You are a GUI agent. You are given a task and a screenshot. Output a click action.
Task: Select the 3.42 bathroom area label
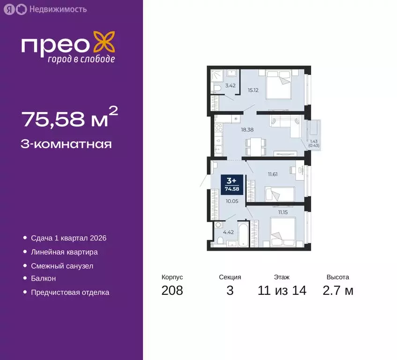[230, 86]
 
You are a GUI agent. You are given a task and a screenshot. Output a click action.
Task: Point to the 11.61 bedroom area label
[273, 174]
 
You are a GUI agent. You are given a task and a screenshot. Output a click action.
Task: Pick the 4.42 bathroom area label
[228, 232]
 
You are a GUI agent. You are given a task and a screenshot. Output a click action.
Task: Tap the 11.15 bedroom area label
[283, 212]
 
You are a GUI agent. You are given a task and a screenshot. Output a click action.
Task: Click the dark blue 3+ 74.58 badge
[231, 183]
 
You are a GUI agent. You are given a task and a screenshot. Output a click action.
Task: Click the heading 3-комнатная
[66, 144]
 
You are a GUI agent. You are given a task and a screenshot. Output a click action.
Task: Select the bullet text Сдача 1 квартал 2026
[68, 238]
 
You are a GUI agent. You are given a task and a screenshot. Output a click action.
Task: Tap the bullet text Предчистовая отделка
[70, 292]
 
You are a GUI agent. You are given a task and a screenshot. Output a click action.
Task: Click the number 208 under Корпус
[172, 291]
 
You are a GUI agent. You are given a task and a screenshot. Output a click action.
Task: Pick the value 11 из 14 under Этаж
[282, 291]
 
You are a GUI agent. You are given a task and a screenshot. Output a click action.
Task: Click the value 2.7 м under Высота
[337, 291]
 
